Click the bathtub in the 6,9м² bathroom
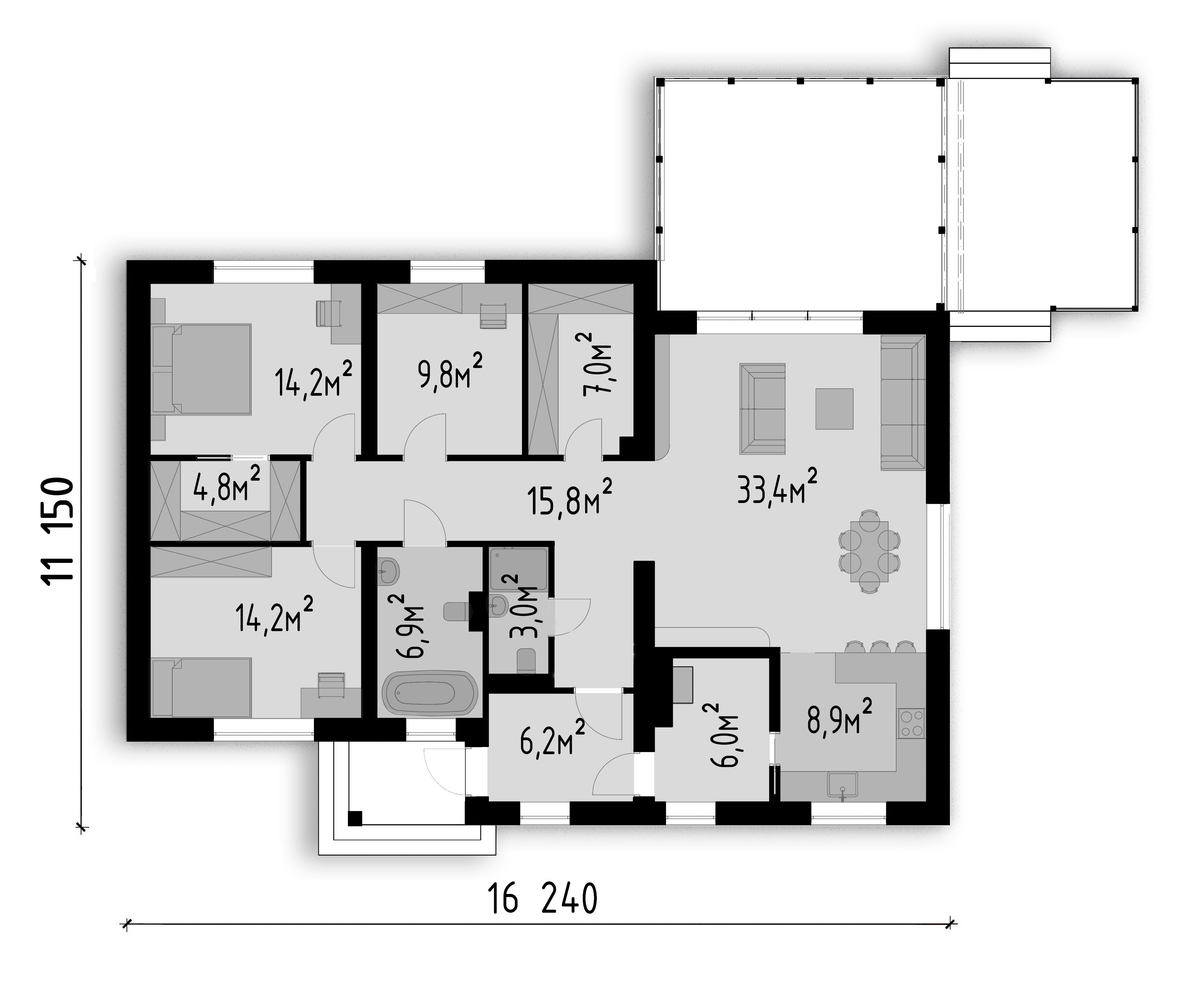[x=429, y=692]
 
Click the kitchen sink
[x=842, y=786]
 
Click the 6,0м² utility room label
[x=721, y=734]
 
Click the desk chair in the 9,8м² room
[x=492, y=315]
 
